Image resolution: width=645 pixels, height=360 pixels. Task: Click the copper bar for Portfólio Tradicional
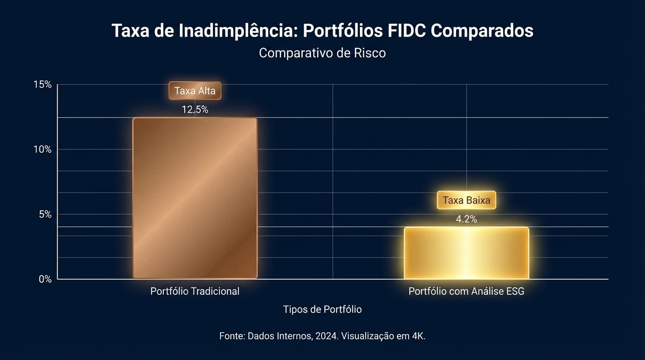pyautogui.click(x=195, y=198)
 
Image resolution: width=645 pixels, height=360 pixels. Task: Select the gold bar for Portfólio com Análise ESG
pyautogui.click(x=466, y=253)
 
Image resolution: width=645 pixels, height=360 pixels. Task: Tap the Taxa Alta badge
pyautogui.click(x=195, y=91)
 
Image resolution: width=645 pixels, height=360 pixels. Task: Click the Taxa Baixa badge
pyautogui.click(x=466, y=201)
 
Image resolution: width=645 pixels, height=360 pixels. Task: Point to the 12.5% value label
pyautogui.click(x=195, y=110)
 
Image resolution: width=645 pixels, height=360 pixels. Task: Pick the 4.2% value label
pyautogui.click(x=466, y=219)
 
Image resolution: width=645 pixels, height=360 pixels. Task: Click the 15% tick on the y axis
pyautogui.click(x=42, y=85)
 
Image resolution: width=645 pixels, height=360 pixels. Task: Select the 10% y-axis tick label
pyautogui.click(x=42, y=150)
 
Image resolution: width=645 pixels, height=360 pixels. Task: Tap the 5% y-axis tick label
pyautogui.click(x=45, y=214)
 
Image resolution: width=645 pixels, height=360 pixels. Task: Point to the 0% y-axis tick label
pyautogui.click(x=45, y=279)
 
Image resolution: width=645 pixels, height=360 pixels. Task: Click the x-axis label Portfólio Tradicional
pyautogui.click(x=195, y=292)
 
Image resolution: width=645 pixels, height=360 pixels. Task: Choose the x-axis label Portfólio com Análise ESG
pyautogui.click(x=466, y=292)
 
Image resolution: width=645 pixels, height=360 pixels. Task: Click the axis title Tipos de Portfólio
pyautogui.click(x=322, y=309)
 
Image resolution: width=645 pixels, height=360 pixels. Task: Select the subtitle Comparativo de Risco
pyautogui.click(x=322, y=53)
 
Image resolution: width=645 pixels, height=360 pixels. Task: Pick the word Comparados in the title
pyautogui.click(x=482, y=31)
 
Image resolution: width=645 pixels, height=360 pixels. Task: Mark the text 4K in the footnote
pyautogui.click(x=418, y=336)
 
